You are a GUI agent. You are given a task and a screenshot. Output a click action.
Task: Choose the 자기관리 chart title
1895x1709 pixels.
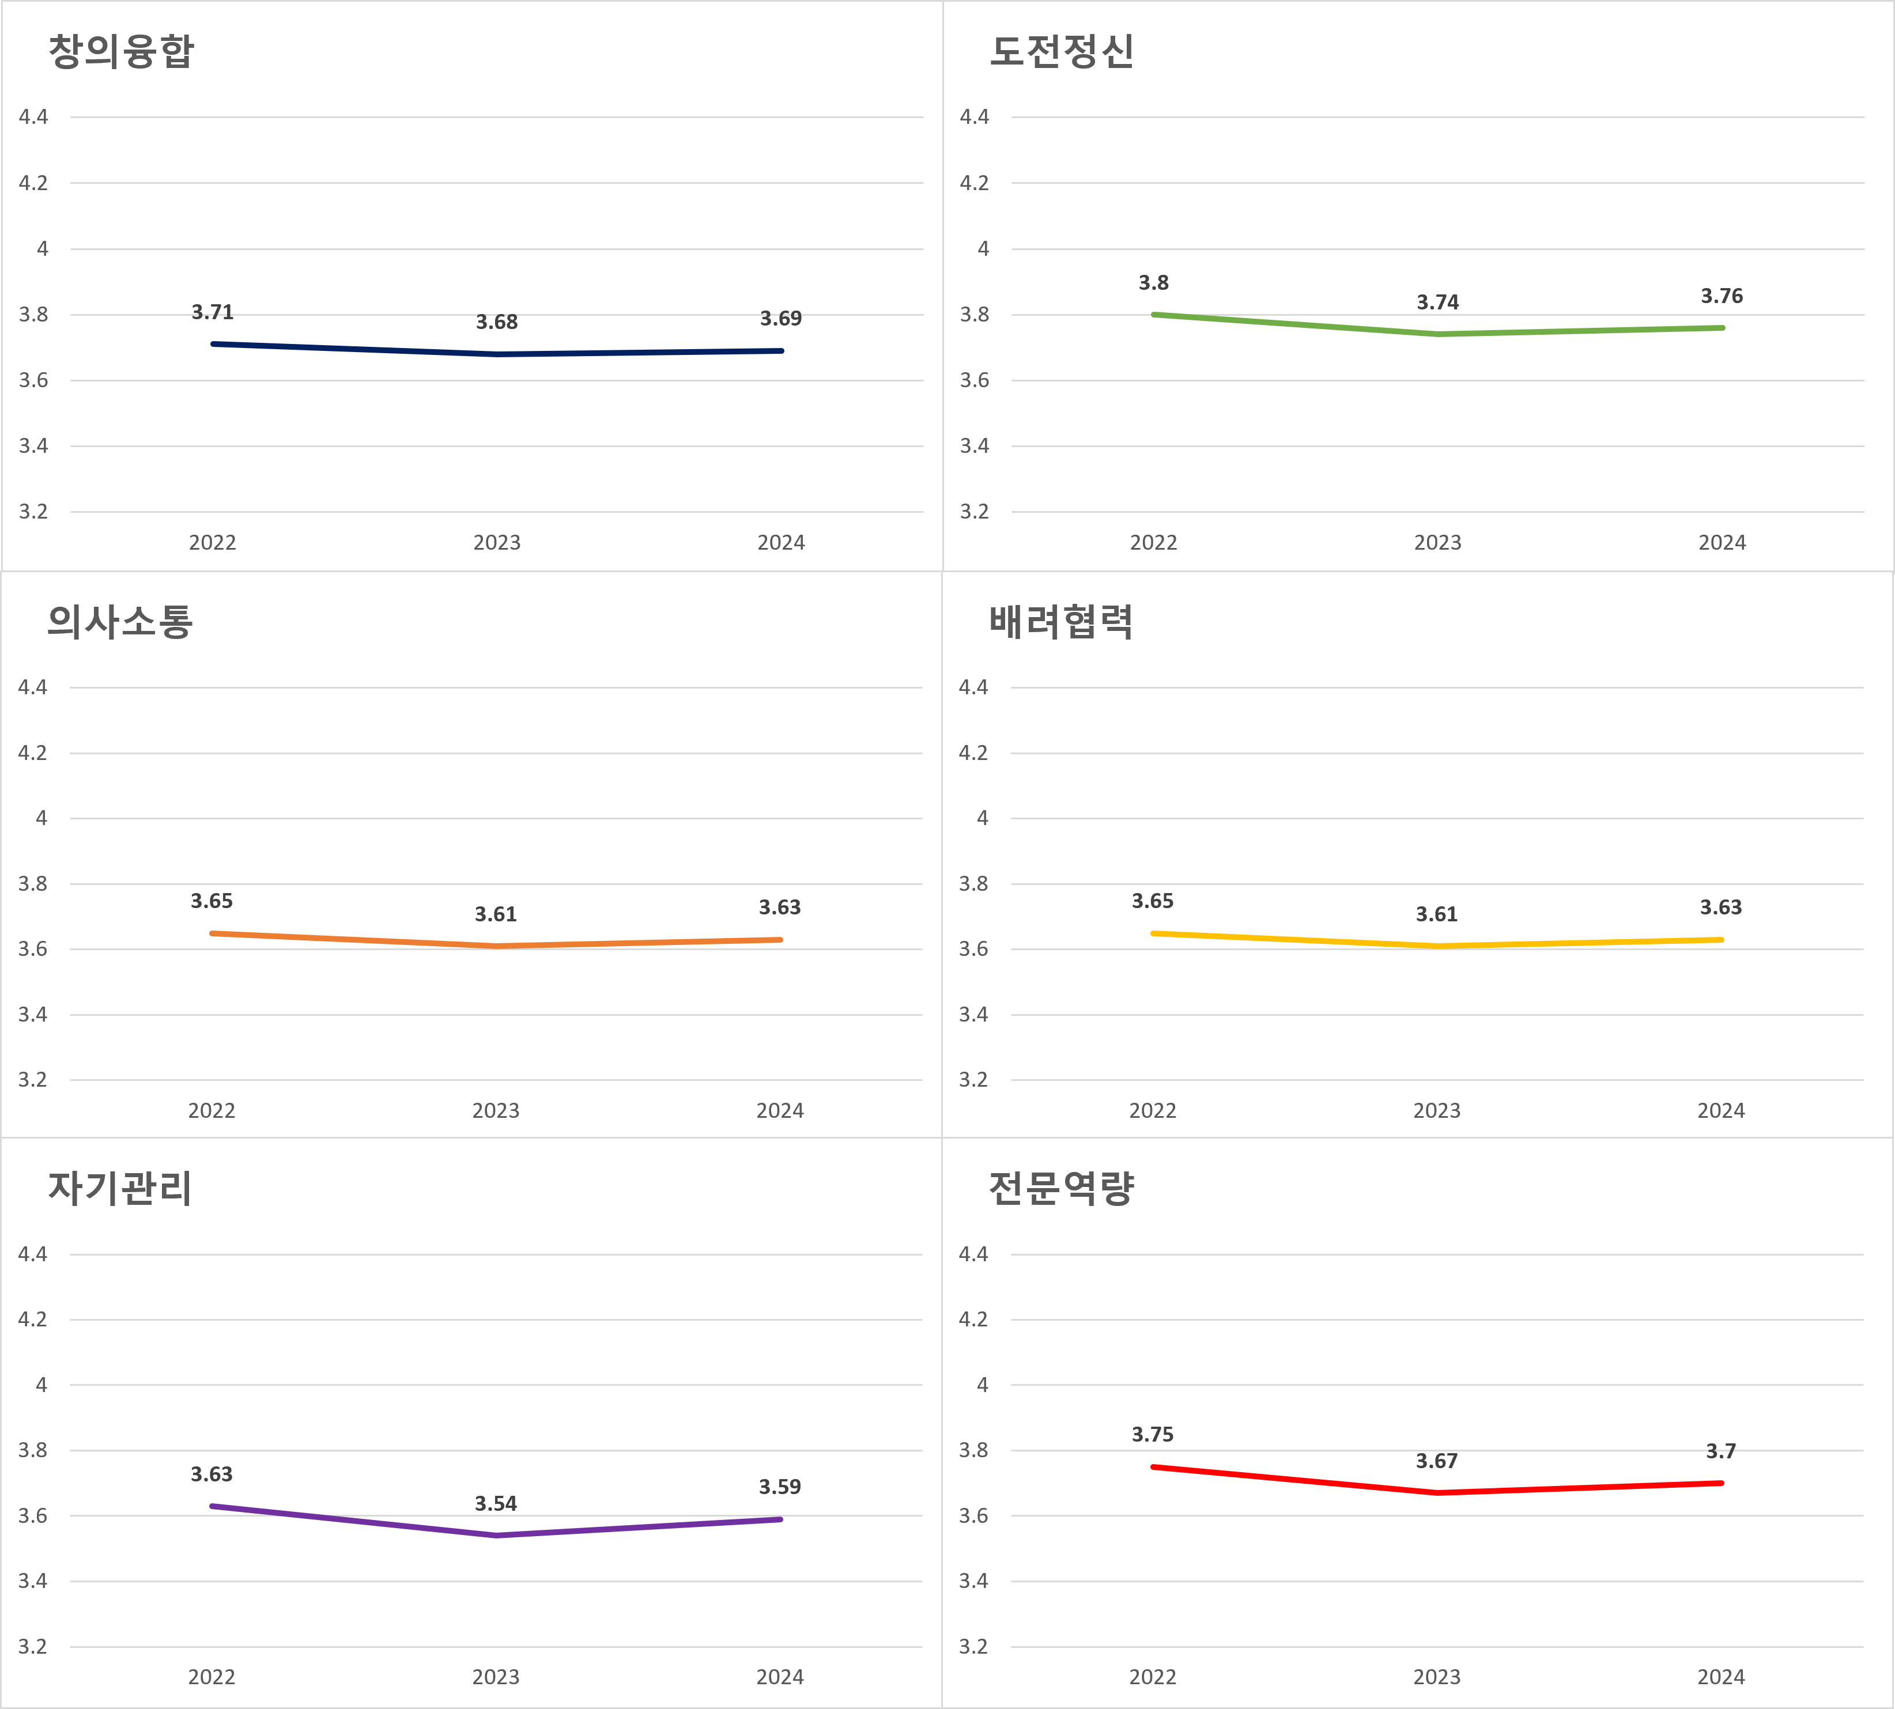tap(120, 1188)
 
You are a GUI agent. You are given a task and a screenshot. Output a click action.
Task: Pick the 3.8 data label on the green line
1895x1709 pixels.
tap(1153, 283)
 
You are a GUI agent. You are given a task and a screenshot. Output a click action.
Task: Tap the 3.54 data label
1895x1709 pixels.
tap(496, 1503)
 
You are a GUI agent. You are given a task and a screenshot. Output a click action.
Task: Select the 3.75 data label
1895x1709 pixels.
tap(1152, 1434)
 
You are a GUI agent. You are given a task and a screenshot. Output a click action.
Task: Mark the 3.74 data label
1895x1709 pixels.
tap(1438, 303)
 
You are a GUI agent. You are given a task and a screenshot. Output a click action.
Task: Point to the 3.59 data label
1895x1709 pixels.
tap(779, 1487)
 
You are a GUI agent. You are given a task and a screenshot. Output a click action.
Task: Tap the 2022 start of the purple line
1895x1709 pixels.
tap(212, 1506)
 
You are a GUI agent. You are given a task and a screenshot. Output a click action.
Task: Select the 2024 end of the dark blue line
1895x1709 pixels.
tap(782, 351)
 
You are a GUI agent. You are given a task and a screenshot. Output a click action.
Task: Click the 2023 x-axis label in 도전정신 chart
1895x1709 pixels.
tap(1438, 543)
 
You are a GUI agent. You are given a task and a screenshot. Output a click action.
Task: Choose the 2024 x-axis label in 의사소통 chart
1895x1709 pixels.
tap(779, 1111)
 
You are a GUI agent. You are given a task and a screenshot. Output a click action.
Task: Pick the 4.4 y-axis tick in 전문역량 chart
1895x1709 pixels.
tap(973, 1254)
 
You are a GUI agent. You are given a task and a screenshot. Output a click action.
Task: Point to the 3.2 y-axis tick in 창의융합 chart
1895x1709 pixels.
tap(33, 512)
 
